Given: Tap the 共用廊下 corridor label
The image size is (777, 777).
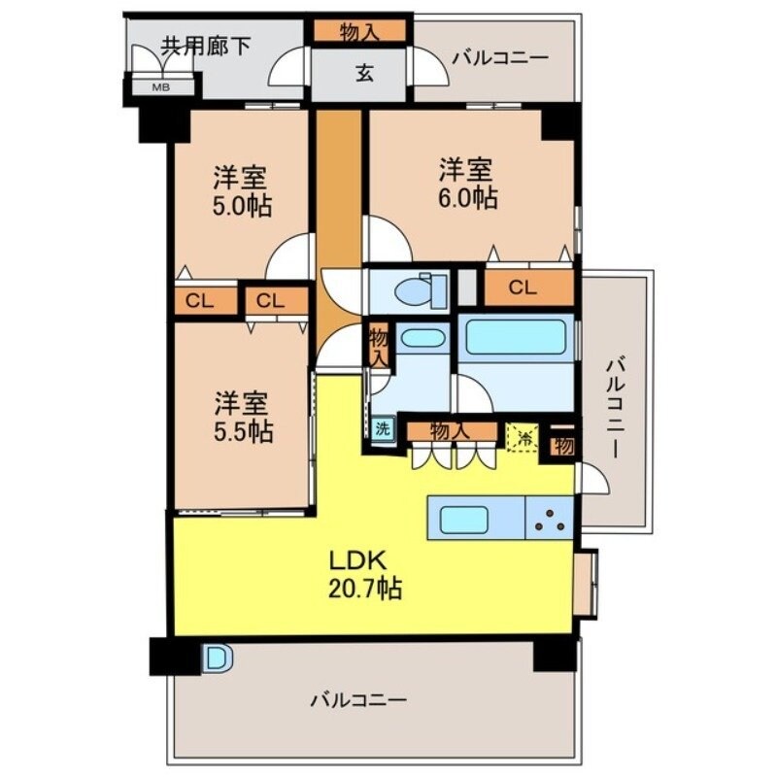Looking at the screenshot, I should [x=206, y=46].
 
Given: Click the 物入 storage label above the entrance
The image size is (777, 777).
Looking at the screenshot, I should [x=359, y=32].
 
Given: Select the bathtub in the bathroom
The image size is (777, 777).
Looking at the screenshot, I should [x=515, y=337].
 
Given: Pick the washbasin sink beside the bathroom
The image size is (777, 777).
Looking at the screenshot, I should [x=422, y=340].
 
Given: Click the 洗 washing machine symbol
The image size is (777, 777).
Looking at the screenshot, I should [x=383, y=428].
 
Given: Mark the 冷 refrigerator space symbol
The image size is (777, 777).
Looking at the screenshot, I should [x=523, y=436].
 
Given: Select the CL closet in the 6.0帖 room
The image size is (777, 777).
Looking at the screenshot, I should [x=522, y=287].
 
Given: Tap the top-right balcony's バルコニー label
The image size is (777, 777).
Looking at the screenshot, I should [x=500, y=58].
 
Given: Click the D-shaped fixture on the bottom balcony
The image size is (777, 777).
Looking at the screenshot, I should [x=218, y=659].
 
